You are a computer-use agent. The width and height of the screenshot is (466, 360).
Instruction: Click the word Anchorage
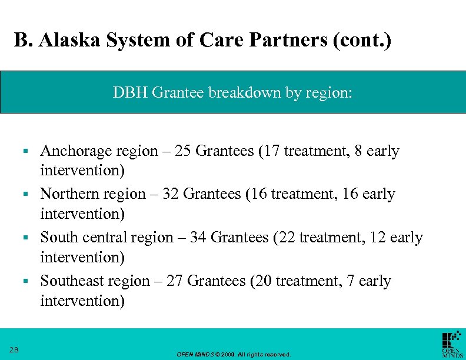[x=76, y=151]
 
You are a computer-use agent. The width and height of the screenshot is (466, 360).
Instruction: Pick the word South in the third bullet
[x=58, y=238]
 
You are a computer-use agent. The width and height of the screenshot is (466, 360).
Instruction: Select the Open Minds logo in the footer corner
[x=451, y=344]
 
